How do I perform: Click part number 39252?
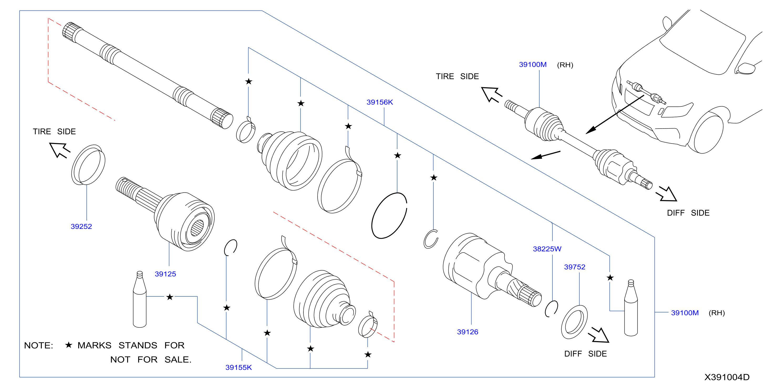point(81,226)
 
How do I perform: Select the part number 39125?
point(165,274)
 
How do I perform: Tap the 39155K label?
point(239,367)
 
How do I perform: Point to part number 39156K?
point(380,102)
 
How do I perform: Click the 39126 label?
point(468,332)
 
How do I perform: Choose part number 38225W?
point(547,249)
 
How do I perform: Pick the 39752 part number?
point(574,267)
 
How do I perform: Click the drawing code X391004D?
point(727,377)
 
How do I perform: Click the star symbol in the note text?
point(69,345)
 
